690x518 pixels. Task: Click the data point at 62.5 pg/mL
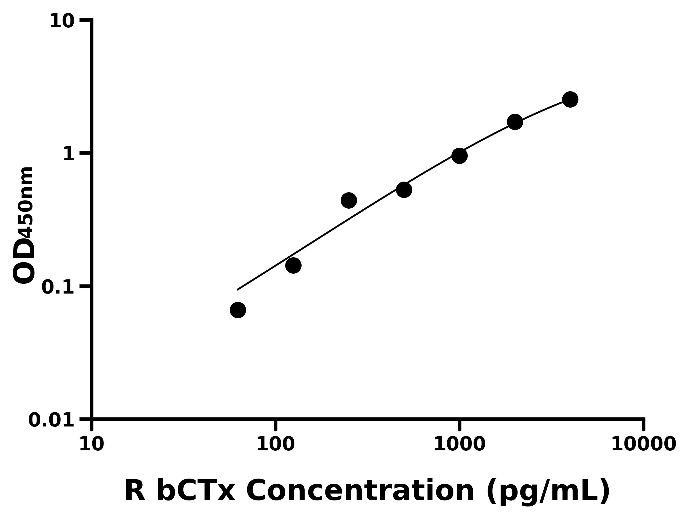[x=238, y=310]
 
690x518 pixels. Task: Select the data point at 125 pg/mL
[x=293, y=265]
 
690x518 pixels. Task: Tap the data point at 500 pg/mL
[x=404, y=190]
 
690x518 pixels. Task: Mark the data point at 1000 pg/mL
[x=459, y=155]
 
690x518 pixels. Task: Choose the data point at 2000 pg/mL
[x=515, y=122]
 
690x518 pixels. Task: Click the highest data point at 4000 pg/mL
[x=570, y=100]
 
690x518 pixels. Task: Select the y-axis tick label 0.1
[x=58, y=287]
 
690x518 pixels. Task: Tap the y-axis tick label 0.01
[x=51, y=420]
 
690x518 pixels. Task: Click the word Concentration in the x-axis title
[x=360, y=491]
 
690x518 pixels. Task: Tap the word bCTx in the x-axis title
[x=195, y=491]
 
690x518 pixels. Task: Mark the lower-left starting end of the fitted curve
[x=238, y=290]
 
